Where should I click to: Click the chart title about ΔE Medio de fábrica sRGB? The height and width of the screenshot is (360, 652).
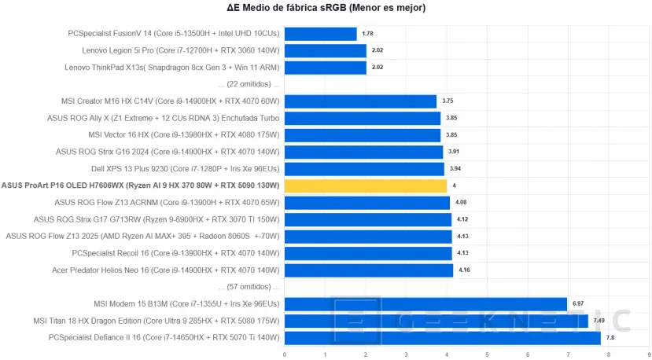pyautogui.click(x=326, y=9)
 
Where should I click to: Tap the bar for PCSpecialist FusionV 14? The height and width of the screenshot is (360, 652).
pyautogui.click(x=320, y=34)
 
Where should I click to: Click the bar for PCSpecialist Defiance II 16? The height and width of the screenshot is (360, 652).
pyautogui.click(x=442, y=337)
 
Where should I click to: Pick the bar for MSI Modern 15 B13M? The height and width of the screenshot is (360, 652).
pyautogui.click(x=425, y=303)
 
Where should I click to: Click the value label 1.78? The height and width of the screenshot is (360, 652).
pyautogui.click(x=367, y=34)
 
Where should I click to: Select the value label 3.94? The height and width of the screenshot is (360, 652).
pyautogui.click(x=455, y=169)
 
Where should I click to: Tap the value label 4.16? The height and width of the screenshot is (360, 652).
pyautogui.click(x=464, y=270)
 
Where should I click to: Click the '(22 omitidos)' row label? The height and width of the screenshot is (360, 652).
pyautogui.click(x=249, y=84)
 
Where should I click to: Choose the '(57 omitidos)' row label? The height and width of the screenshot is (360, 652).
pyautogui.click(x=249, y=287)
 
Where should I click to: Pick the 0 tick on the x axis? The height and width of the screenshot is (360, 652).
pyautogui.click(x=285, y=354)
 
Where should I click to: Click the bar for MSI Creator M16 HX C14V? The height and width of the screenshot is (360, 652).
pyautogui.click(x=360, y=101)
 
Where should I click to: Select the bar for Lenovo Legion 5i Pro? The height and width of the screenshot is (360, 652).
pyautogui.click(x=325, y=50)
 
